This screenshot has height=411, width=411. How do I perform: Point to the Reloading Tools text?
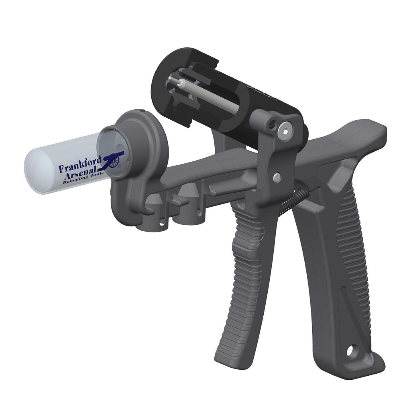83,181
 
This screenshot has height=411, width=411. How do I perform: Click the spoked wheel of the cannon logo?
116,162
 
